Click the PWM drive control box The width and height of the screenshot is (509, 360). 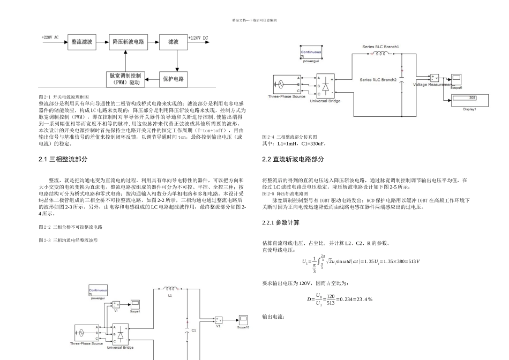point(125,79)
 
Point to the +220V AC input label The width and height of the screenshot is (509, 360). point(50,39)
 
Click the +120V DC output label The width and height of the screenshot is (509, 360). point(198,39)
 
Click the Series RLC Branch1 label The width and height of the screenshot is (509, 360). point(380,47)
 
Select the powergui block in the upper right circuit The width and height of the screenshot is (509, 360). point(311,54)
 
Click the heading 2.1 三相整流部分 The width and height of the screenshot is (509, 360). point(63,160)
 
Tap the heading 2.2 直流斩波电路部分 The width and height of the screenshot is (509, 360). point(293,160)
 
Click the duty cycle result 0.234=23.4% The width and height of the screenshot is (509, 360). point(354,299)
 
